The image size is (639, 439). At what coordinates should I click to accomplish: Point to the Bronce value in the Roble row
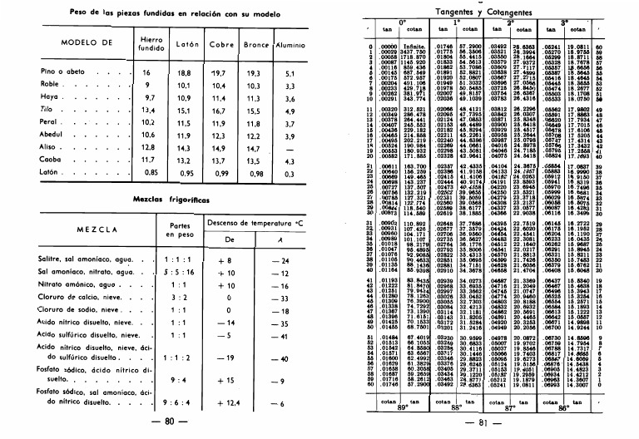[x=250, y=86]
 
